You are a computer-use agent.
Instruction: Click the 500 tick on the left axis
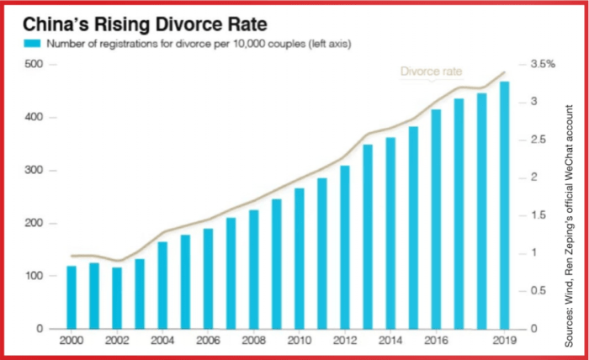coord(34,65)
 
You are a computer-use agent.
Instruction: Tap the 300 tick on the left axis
coord(34,171)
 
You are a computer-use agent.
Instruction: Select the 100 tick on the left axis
coord(34,276)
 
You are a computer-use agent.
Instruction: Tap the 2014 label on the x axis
coord(390,341)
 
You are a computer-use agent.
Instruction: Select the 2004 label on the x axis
coord(162,341)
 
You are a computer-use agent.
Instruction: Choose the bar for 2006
coord(208,278)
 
